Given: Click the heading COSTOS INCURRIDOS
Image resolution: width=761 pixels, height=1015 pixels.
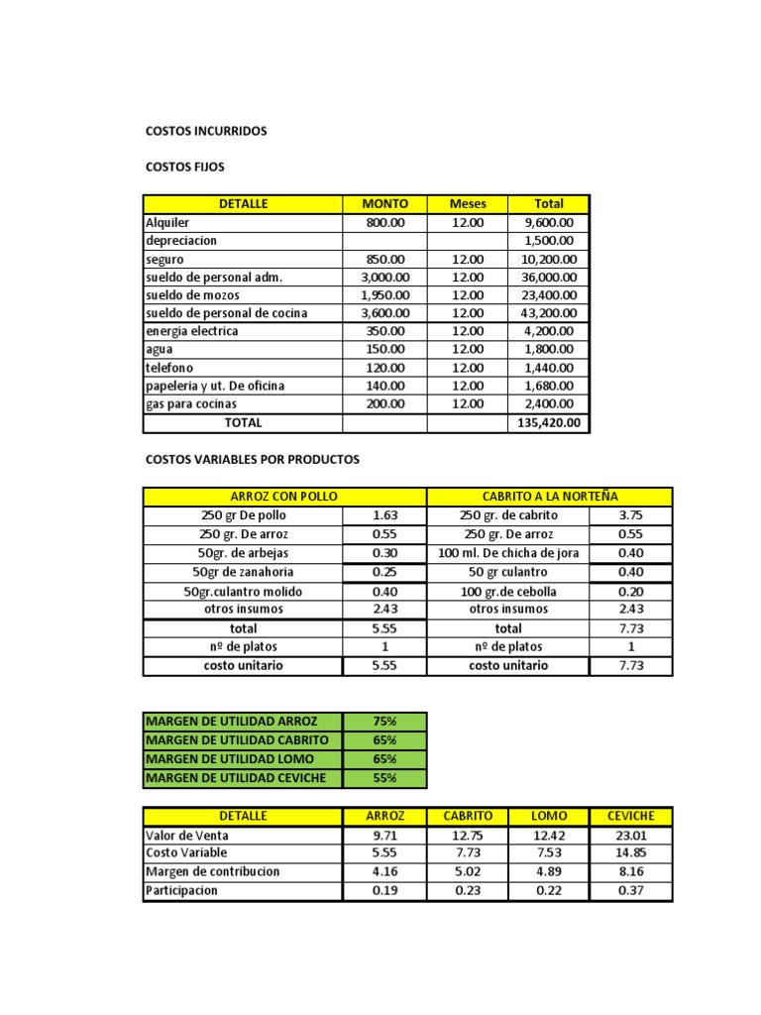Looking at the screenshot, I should click(x=206, y=131).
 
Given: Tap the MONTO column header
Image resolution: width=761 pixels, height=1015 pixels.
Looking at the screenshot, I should click(x=384, y=204).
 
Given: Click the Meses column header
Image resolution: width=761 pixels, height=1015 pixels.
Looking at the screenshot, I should click(x=468, y=204).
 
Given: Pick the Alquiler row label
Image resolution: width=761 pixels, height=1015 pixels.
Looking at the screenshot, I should click(x=167, y=223).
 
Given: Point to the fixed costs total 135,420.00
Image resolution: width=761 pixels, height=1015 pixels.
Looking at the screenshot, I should click(x=548, y=423).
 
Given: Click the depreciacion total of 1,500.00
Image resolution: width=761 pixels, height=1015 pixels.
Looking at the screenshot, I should click(x=548, y=241).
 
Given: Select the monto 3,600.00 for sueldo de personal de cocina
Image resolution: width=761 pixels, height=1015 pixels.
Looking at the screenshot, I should click(x=384, y=313).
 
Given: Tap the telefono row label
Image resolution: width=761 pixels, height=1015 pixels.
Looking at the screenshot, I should click(x=171, y=368).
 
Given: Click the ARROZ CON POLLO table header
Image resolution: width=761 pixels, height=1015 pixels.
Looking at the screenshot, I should click(x=283, y=496).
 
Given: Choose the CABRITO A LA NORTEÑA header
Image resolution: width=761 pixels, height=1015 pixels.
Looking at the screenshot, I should click(x=549, y=496).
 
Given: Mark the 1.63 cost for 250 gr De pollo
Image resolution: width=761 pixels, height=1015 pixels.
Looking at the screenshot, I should click(x=384, y=515).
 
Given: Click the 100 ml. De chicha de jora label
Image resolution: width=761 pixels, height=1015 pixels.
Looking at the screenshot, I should click(x=508, y=553).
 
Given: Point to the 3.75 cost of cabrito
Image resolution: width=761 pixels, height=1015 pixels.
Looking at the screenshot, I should click(x=631, y=515).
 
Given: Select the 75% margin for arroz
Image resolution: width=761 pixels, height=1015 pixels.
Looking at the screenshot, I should click(x=384, y=721).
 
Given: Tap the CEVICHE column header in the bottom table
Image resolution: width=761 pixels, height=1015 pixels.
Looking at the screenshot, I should click(x=631, y=816).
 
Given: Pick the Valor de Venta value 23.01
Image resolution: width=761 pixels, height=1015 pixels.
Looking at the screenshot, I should click(x=631, y=836).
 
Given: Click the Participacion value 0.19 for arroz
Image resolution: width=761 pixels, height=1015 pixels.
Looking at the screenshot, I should click(x=384, y=891).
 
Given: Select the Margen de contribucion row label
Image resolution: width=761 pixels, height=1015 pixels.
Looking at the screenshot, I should click(x=213, y=872).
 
